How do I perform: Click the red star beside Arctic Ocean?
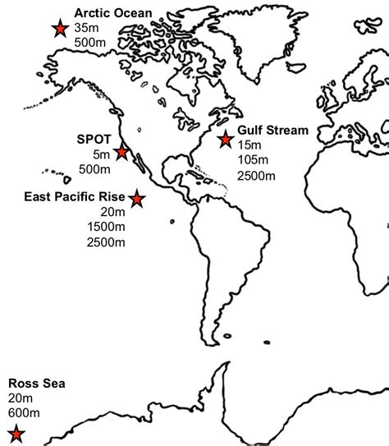tap(59, 30)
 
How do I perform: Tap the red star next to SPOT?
tap(122, 152)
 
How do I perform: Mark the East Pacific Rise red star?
tap(136, 199)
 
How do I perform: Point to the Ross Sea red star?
tap(16, 435)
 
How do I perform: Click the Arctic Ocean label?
tap(112, 12)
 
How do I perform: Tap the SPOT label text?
tap(94, 139)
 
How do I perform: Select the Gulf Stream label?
tap(273, 130)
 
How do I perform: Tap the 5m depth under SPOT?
tap(100, 154)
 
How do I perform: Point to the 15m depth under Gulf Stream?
tap(249, 145)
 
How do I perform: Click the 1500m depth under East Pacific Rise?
tap(106, 227)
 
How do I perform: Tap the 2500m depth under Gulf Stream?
tap(256, 174)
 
